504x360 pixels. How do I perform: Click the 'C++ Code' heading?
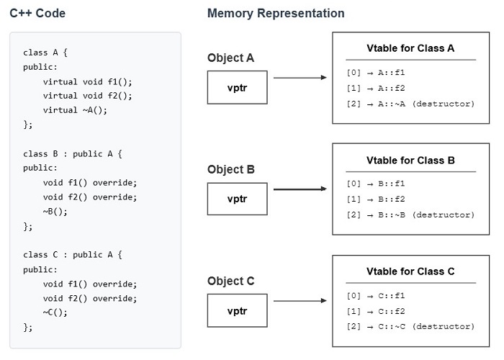pos(39,13)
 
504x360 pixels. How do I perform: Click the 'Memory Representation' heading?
pos(276,13)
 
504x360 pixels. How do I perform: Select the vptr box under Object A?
pos(238,87)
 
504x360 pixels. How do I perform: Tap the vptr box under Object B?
pos(238,199)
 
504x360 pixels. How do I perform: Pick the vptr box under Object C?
pos(238,310)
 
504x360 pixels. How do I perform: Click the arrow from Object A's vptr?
pos(300,78)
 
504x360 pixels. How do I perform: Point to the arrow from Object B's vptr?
pos(300,189)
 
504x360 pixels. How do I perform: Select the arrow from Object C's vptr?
pos(300,301)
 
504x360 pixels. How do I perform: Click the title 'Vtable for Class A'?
pos(410,49)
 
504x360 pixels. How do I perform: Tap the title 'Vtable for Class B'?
pos(410,161)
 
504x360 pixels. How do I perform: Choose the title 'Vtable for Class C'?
pos(410,271)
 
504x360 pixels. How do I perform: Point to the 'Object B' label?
pos(230,170)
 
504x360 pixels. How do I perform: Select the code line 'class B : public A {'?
pos(73,153)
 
